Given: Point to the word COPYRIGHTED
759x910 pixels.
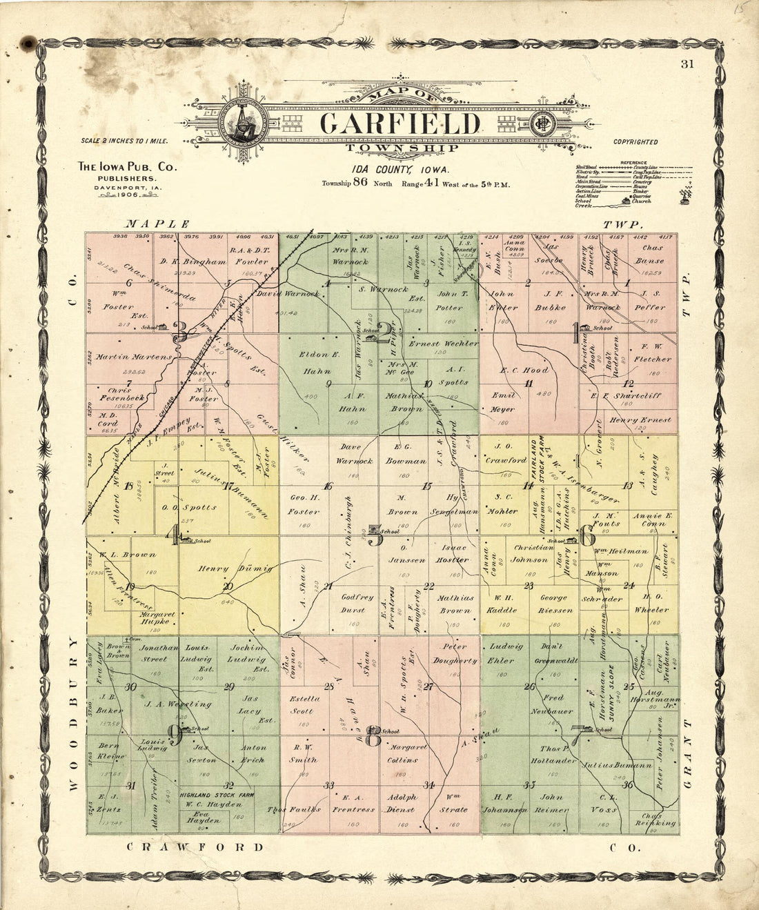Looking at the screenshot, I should [x=635, y=142].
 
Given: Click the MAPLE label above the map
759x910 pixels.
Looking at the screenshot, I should [x=157, y=224].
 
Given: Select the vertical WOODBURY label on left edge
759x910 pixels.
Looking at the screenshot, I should [x=74, y=714].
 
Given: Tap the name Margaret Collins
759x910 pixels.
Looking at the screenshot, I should [x=408, y=753].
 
